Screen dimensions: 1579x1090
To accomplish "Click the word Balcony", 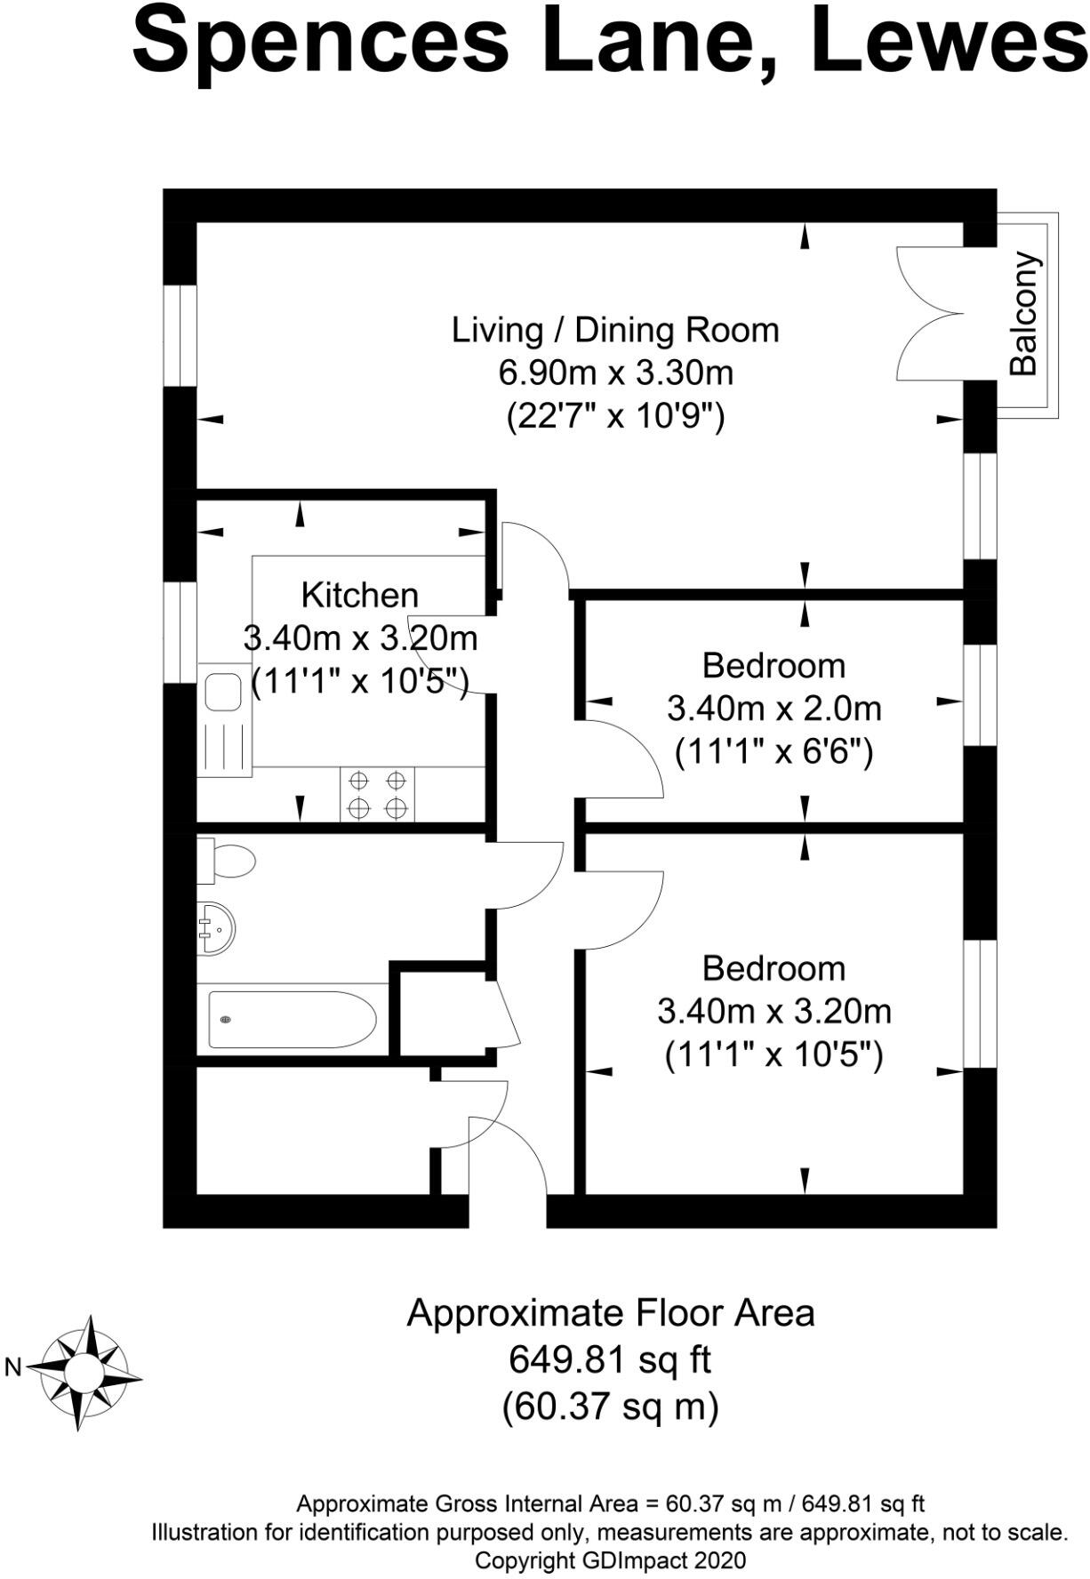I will click(x=1024, y=314).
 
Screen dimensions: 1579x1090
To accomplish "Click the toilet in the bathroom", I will click(x=228, y=861).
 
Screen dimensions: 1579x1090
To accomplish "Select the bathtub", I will click(x=292, y=1019).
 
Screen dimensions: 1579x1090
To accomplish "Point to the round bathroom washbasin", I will click(x=216, y=928).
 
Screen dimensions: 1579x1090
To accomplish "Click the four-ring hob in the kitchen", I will click(x=377, y=795).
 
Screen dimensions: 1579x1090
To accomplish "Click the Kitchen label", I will click(x=359, y=595).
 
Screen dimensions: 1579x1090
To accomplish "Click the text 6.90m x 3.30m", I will click(x=615, y=373).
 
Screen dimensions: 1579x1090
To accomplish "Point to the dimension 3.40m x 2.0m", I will click(x=773, y=709).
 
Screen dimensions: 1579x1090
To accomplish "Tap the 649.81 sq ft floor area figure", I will click(x=610, y=1359).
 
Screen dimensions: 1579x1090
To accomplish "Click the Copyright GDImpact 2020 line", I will click(x=610, y=1559).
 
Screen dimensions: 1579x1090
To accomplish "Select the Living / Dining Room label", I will click(x=615, y=330).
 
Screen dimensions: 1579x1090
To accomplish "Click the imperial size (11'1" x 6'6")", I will click(x=773, y=752).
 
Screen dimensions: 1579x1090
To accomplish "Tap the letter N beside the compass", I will click(x=12, y=1367).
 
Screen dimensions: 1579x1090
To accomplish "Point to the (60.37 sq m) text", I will click(x=610, y=1407).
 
